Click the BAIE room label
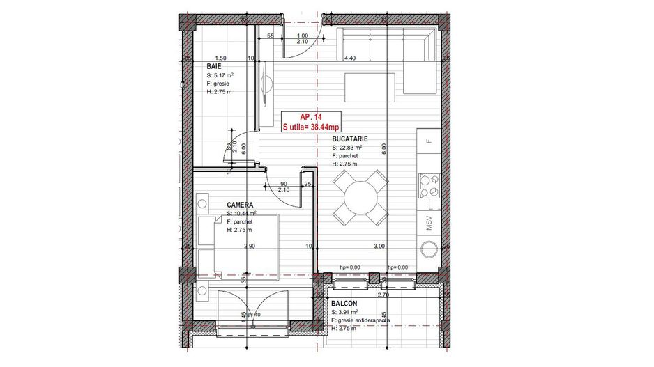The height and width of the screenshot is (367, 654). (x=213, y=65)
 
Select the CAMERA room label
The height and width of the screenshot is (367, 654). (x=239, y=205)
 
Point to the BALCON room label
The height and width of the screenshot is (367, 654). (x=344, y=304)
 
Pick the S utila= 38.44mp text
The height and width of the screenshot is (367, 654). (x=310, y=127)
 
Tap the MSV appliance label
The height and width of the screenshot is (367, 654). (x=429, y=224)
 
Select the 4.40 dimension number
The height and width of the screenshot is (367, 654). (x=350, y=58)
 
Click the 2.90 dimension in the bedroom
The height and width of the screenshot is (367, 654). (x=250, y=247)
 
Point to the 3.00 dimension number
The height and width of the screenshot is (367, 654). (x=380, y=247)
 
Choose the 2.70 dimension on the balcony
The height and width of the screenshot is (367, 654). (x=383, y=295)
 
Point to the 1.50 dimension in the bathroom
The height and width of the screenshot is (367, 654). (x=221, y=58)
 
